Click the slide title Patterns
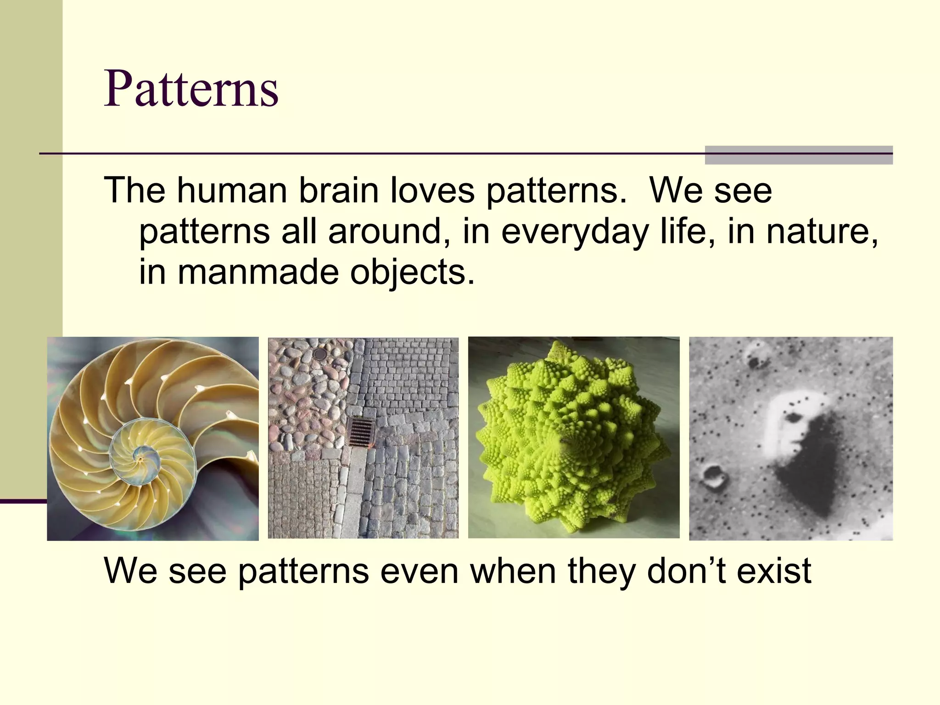pyautogui.click(x=191, y=89)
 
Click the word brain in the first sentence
pyautogui.click(x=338, y=190)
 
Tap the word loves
pyautogui.click(x=432, y=190)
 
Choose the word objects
pyautogui.click(x=412, y=273)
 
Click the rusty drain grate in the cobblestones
pyautogui.click(x=361, y=431)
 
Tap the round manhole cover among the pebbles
pyautogui.click(x=319, y=354)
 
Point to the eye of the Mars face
pyautogui.click(x=793, y=418)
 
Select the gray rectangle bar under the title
pyautogui.click(x=799, y=155)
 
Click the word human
pyautogui.click(x=232, y=190)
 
